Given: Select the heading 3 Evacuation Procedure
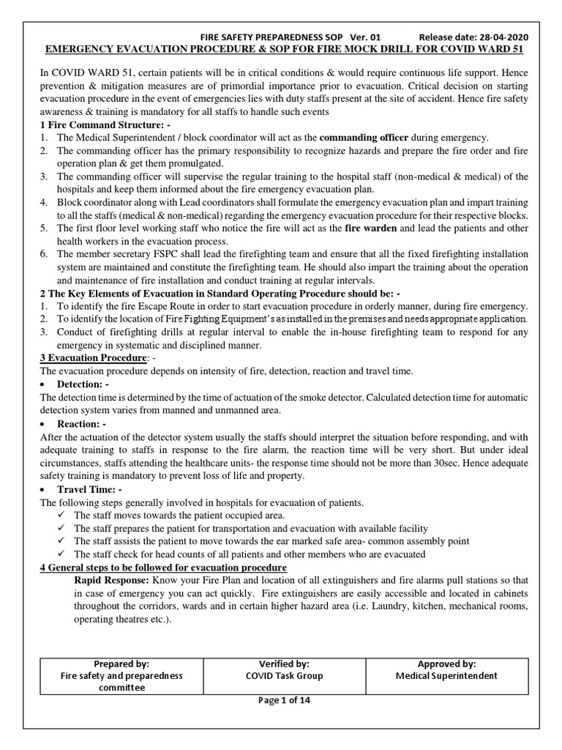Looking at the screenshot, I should [93, 358].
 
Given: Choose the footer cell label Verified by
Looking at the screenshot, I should [285, 664].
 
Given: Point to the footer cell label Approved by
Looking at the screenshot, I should [446, 664].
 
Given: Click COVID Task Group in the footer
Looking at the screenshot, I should [285, 676].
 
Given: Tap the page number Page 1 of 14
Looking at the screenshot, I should [285, 700].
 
